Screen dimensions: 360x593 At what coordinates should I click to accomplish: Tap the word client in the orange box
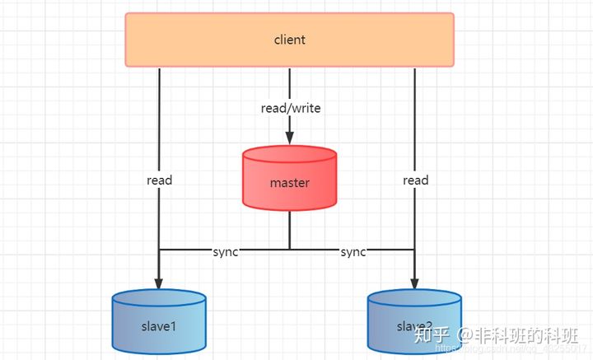pyautogui.click(x=289, y=40)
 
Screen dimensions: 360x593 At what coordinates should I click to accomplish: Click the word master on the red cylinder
pyautogui.click(x=289, y=183)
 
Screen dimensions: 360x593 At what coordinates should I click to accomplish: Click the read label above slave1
pyautogui.click(x=159, y=180)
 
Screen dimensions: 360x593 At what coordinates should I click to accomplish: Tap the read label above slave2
pyautogui.click(x=416, y=180)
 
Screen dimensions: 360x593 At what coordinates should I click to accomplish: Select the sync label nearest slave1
pyautogui.click(x=225, y=252)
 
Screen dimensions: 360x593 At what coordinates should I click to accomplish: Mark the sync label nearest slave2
pyautogui.click(x=353, y=252)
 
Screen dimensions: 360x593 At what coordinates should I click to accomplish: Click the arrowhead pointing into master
pyautogui.click(x=289, y=138)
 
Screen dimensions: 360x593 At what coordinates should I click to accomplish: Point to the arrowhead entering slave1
pyautogui.click(x=158, y=281)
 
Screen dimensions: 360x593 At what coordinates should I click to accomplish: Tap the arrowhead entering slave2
pyautogui.click(x=414, y=281)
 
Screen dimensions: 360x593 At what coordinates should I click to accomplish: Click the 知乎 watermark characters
pyautogui.click(x=433, y=334)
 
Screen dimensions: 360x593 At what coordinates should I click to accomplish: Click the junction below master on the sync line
pyautogui.click(x=289, y=249)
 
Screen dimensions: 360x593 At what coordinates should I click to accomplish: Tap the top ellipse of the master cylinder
pyautogui.click(x=289, y=154)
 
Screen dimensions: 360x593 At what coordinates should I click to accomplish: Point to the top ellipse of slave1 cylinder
pyautogui.click(x=158, y=297)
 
